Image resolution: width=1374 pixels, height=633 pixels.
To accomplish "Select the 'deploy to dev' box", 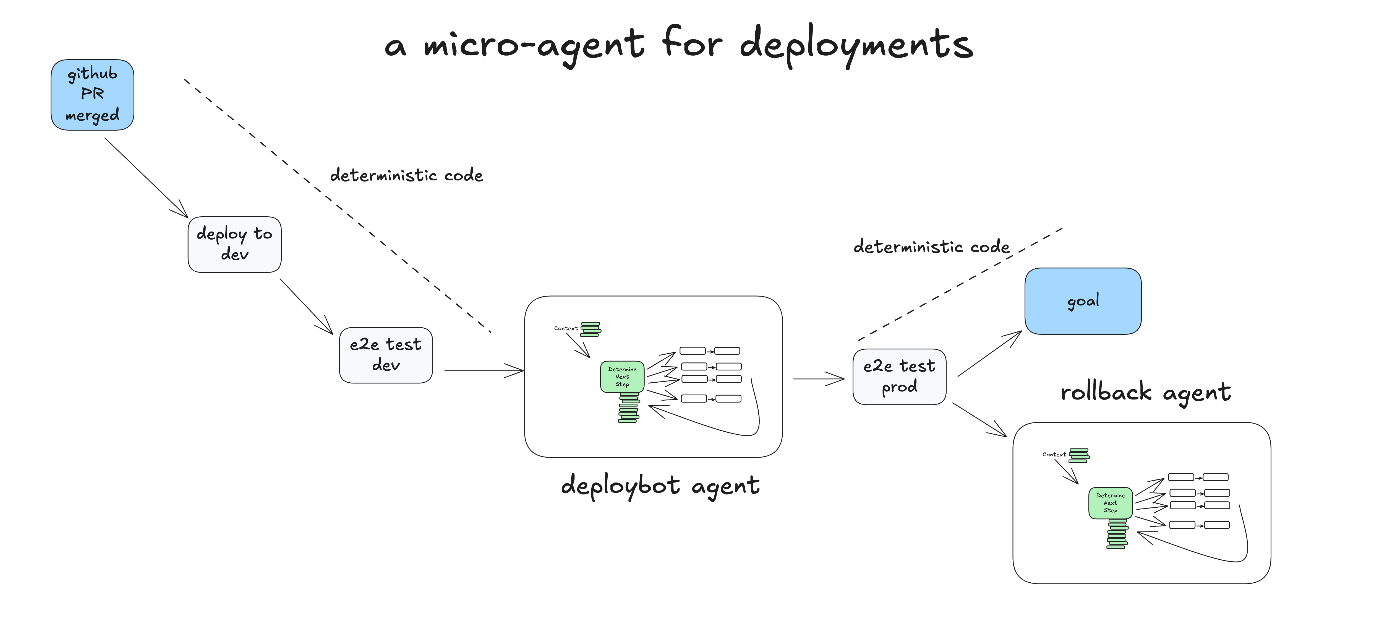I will (235, 245).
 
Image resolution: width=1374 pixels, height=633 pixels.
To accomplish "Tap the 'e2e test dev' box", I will (386, 355).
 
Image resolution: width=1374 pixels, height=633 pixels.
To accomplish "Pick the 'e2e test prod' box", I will (899, 377).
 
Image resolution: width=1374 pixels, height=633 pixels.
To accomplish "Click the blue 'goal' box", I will (1083, 301).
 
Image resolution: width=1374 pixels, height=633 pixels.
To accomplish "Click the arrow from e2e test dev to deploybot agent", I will (483, 370).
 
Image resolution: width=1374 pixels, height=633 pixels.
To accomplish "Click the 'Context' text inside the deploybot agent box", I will (565, 328).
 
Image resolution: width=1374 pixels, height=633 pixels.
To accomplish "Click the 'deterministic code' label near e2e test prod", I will (931, 247).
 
